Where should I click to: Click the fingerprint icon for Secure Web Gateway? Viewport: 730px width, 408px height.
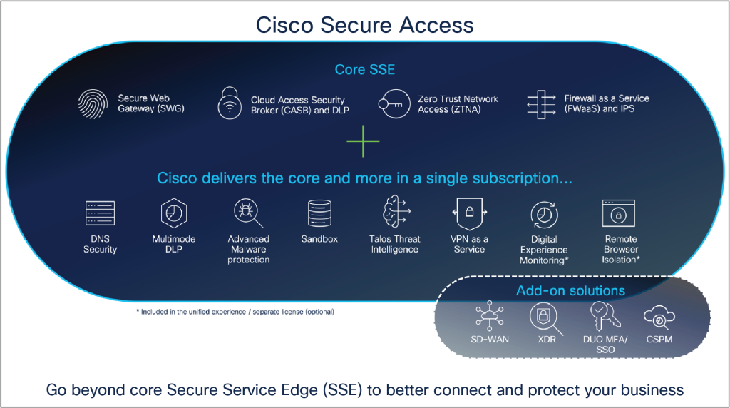pos(93,103)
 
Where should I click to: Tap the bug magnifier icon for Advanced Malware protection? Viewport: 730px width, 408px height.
pos(248,213)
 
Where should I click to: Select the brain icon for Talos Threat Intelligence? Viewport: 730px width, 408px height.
pos(394,213)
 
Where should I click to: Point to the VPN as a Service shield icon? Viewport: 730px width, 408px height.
pos(469,213)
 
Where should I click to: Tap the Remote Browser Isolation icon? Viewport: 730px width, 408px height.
pos(619,213)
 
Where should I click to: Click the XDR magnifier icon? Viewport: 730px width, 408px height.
pos(545,317)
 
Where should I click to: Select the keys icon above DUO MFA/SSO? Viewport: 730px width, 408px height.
pos(600,316)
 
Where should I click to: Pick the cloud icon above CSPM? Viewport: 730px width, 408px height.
pos(659,316)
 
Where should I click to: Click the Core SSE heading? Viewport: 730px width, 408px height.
pos(364,70)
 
